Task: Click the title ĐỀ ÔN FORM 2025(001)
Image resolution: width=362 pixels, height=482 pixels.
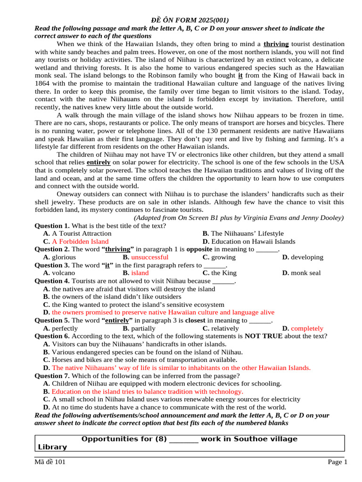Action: tap(190, 20)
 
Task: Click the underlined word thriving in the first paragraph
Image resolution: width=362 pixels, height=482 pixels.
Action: tap(276, 44)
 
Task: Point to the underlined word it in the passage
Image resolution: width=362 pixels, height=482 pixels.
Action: tap(240, 75)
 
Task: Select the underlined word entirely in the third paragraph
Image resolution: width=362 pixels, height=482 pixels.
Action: tap(99, 162)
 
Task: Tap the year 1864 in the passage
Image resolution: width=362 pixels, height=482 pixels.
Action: tap(44, 83)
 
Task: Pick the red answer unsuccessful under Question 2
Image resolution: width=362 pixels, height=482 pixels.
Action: tap(149, 257)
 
